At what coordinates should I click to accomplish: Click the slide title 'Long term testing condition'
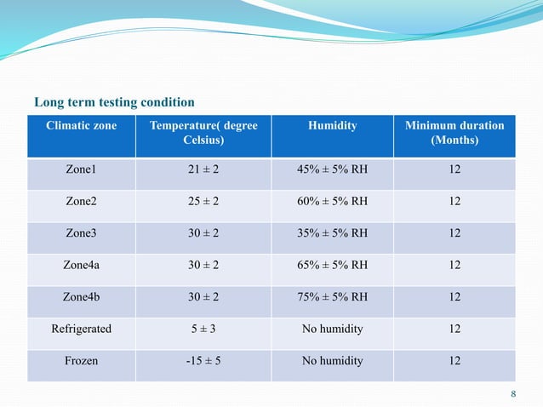pyautogui.click(x=114, y=103)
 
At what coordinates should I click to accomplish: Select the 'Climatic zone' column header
pyautogui.click(x=82, y=126)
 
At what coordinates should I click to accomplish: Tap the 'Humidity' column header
pyautogui.click(x=332, y=126)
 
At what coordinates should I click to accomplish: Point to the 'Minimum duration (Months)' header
pyautogui.click(x=454, y=133)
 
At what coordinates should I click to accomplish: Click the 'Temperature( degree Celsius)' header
pyautogui.click(x=203, y=133)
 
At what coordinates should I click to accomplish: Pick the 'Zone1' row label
pyautogui.click(x=82, y=170)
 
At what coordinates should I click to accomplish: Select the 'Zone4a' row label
pyautogui.click(x=82, y=265)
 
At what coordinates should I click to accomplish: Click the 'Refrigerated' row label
pyautogui.click(x=82, y=329)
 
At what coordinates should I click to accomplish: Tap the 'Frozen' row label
pyautogui.click(x=82, y=360)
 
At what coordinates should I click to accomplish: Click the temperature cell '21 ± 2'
pyautogui.click(x=203, y=170)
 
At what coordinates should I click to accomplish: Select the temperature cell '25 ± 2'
pyautogui.click(x=203, y=202)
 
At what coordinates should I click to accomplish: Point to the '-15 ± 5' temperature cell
pyautogui.click(x=203, y=360)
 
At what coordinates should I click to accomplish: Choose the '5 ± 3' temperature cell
pyautogui.click(x=203, y=329)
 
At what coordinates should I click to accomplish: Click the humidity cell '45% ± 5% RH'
pyautogui.click(x=332, y=170)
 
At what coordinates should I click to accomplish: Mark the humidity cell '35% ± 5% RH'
pyautogui.click(x=332, y=233)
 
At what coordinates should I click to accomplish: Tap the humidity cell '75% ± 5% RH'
pyautogui.click(x=332, y=297)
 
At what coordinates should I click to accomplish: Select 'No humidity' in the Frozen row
pyautogui.click(x=332, y=360)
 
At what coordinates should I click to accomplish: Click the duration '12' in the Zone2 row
pyautogui.click(x=454, y=202)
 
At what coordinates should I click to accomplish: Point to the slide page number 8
pyautogui.click(x=513, y=393)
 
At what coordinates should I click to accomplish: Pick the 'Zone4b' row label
pyautogui.click(x=82, y=297)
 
